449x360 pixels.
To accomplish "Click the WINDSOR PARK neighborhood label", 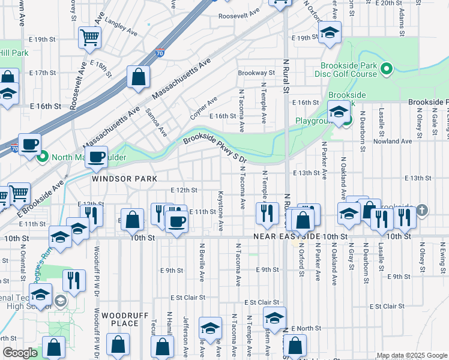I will tap(124, 179).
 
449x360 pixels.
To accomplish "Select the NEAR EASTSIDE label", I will tap(289, 238).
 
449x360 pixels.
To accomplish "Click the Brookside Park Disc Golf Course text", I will tap(346, 70).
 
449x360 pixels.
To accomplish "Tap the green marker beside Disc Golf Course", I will tap(387, 70).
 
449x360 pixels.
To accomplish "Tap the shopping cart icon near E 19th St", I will tap(89, 37).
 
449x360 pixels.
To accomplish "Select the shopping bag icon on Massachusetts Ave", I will tap(138, 77).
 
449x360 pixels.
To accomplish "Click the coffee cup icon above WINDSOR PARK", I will tap(96, 157).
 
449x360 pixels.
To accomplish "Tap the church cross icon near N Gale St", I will tap(423, 209).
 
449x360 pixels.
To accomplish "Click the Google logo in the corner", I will tap(19, 353).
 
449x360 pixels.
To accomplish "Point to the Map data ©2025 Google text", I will tap(411, 355).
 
